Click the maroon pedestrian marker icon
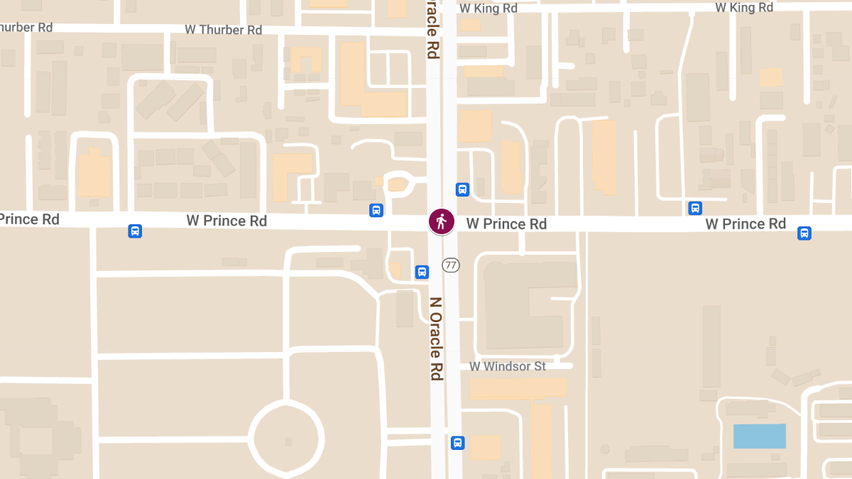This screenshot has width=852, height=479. (x=441, y=221)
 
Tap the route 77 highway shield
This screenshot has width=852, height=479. (x=450, y=265)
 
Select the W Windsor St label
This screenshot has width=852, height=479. (x=508, y=366)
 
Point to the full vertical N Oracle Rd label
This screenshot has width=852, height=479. (x=436, y=338)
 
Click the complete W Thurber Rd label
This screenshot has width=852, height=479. (x=224, y=30)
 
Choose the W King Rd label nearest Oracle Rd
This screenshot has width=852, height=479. (x=488, y=9)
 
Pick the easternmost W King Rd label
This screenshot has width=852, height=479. (x=743, y=8)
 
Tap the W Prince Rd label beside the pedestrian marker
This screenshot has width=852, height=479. (x=506, y=224)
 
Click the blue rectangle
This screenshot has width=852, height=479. (x=759, y=436)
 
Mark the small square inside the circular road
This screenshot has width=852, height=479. (x=288, y=441)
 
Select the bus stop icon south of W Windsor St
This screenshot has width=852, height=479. (x=457, y=443)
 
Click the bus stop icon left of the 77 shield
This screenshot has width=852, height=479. (x=422, y=272)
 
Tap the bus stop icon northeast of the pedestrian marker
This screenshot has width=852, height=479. (x=462, y=189)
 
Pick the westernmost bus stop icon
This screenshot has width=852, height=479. (x=134, y=231)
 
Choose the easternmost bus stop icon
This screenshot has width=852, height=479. (x=804, y=233)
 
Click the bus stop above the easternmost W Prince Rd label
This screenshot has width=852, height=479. (x=695, y=208)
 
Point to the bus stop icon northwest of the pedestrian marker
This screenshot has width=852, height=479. (x=376, y=210)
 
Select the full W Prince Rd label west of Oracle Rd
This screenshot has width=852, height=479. (x=226, y=221)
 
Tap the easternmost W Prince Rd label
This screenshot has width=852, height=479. (x=745, y=224)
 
